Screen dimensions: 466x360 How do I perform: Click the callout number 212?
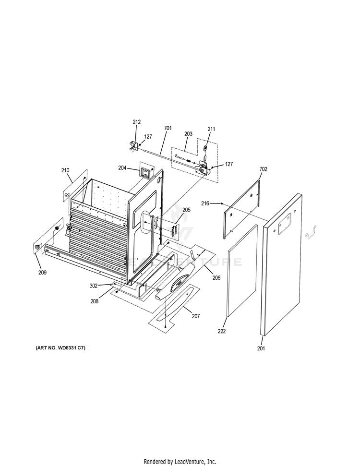[137, 122]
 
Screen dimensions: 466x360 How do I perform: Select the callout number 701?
[168, 128]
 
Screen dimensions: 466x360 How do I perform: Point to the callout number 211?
[211, 129]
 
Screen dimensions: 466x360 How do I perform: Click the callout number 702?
[263, 169]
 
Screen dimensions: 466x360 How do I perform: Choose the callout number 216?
[205, 204]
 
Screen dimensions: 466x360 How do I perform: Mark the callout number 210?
[65, 170]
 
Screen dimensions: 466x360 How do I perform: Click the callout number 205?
[186, 210]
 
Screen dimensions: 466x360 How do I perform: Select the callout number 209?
[43, 273]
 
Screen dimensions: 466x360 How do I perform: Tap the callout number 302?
[93, 286]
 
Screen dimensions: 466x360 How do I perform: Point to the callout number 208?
[95, 301]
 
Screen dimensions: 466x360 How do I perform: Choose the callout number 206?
[216, 278]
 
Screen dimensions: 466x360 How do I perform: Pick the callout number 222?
[221, 331]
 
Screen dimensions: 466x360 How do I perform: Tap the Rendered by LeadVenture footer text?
[180, 461]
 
